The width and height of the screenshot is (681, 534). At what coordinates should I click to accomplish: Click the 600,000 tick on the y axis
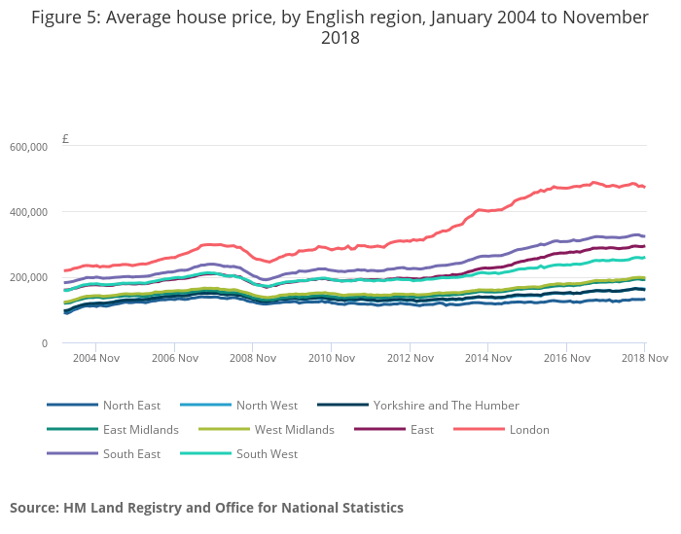pos(29,147)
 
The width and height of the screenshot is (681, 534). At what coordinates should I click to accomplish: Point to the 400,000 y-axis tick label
pos(29,212)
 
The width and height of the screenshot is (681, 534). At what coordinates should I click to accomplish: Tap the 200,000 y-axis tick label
pos(29,277)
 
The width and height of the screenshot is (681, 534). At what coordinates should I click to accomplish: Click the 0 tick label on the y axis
pos(44,343)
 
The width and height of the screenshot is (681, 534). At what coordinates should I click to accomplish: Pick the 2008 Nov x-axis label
pos(252,359)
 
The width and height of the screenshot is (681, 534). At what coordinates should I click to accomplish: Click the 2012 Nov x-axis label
pos(409,359)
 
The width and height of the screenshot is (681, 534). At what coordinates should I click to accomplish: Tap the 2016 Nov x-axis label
pos(565,359)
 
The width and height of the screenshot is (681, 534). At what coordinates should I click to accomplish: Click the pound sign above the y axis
pos(65,139)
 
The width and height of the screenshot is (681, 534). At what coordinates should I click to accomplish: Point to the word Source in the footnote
pos(34,508)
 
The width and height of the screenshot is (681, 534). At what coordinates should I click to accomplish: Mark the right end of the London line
pos(644,187)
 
